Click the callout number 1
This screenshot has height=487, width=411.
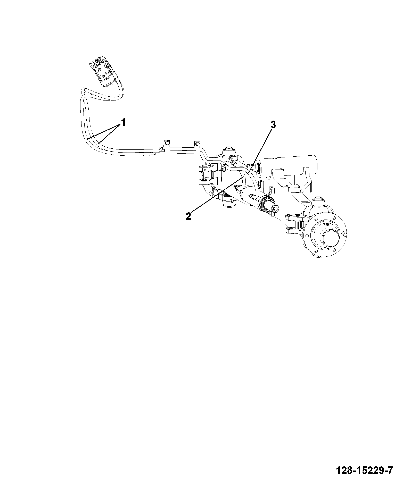click(124, 122)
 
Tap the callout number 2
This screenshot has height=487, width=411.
click(188, 216)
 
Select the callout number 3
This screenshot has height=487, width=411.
click(273, 125)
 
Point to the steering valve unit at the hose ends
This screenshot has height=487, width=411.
click(102, 70)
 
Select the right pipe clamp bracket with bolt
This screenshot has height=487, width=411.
click(197, 144)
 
